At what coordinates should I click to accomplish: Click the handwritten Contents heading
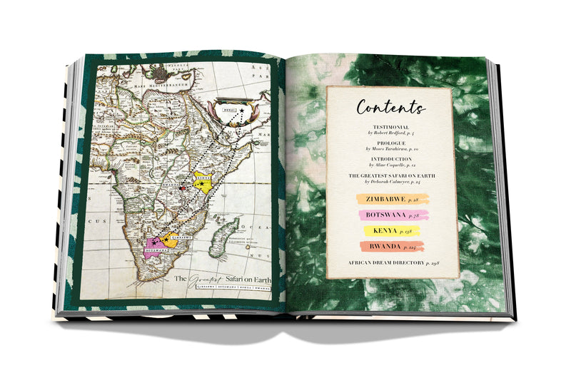coord(390,108)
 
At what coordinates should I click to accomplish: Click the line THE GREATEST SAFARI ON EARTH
coord(391,174)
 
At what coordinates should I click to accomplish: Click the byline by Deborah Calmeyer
coord(391,181)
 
